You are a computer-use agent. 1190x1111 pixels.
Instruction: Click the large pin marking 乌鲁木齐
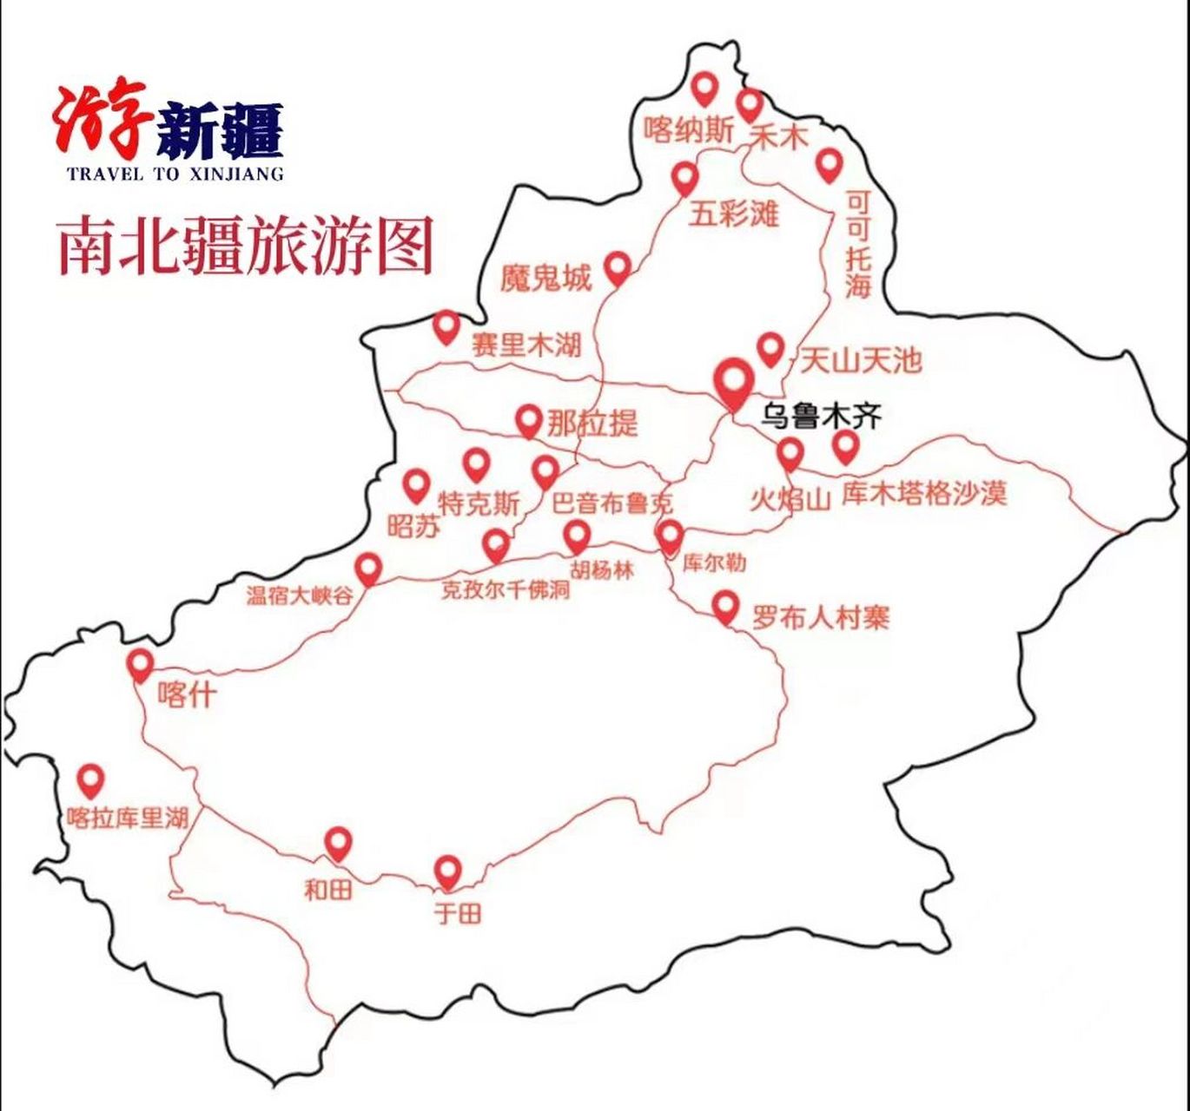point(733,380)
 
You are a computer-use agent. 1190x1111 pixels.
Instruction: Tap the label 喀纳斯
point(689,131)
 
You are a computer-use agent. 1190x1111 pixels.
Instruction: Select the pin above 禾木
point(750,105)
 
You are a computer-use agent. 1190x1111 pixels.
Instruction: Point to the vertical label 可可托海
point(858,245)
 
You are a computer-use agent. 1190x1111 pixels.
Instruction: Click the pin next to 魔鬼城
point(618,266)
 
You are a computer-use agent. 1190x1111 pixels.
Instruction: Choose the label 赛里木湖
point(526,345)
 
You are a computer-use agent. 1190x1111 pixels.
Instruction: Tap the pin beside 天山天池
point(770,349)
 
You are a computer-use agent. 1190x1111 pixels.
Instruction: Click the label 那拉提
point(592,424)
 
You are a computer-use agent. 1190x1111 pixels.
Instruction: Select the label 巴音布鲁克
point(612,504)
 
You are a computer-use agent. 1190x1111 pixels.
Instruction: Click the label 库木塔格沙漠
point(924,494)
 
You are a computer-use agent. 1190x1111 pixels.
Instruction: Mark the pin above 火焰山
point(790,452)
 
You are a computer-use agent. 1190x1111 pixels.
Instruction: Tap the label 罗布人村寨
point(821,618)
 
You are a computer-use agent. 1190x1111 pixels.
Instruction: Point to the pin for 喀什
point(140,665)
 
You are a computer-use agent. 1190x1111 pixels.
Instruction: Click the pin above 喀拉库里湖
point(91,780)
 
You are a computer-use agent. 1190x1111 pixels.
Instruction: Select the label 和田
point(327,889)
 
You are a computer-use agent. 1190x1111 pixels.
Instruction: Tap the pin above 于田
point(447,871)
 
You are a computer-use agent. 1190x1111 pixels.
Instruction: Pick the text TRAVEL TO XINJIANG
point(175,174)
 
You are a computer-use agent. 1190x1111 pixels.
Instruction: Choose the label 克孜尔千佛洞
point(505,590)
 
